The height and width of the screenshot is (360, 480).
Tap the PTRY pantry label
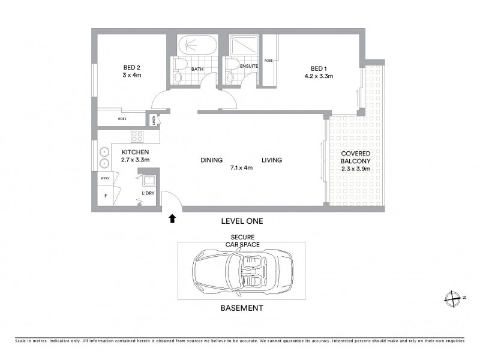(105, 178)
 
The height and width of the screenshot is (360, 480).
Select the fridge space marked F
(105, 196)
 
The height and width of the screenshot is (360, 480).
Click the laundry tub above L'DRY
(148, 179)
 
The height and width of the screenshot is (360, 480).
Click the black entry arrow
(172, 218)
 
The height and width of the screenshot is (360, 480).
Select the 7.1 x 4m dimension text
(241, 168)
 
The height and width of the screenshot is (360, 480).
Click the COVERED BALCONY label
(356, 157)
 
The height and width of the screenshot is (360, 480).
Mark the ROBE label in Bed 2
(122, 119)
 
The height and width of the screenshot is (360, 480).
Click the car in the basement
(241, 271)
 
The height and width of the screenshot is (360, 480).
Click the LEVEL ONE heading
(242, 221)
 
